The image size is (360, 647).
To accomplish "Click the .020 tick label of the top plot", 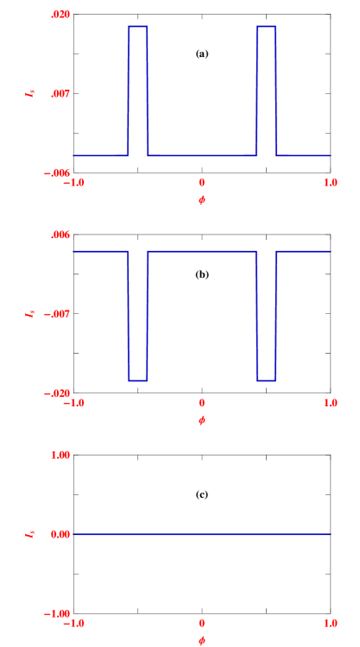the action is pyautogui.click(x=60, y=15).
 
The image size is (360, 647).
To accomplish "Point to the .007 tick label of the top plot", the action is pyautogui.click(x=60, y=93).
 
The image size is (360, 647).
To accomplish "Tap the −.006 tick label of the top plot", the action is pyautogui.click(x=57, y=173).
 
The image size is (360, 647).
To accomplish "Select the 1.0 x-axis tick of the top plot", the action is pyautogui.click(x=330, y=182).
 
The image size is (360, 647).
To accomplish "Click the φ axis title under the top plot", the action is pyautogui.click(x=201, y=200).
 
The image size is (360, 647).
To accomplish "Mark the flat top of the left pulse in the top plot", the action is pyautogui.click(x=138, y=27).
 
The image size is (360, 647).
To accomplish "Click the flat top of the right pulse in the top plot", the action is pyautogui.click(x=266, y=27).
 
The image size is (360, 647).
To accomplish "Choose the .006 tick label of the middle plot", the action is pyautogui.click(x=60, y=235).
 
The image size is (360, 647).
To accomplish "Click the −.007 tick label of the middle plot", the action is pyautogui.click(x=57, y=314).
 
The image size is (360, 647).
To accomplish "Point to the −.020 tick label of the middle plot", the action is pyautogui.click(x=57, y=393).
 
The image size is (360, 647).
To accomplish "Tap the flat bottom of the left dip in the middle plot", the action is pyautogui.click(x=138, y=380).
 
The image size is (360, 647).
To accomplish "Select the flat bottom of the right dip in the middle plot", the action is pyautogui.click(x=266, y=380).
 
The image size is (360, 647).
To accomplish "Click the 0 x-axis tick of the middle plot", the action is pyautogui.click(x=201, y=403).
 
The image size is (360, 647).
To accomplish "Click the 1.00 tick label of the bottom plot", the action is pyautogui.click(x=60, y=455).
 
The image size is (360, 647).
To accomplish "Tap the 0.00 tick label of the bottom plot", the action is pyautogui.click(x=60, y=534).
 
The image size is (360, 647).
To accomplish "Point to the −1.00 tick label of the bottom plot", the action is pyautogui.click(x=57, y=613).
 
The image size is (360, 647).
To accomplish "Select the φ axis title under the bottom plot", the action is pyautogui.click(x=201, y=640).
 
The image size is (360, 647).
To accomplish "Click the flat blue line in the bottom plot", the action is pyautogui.click(x=201, y=535).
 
